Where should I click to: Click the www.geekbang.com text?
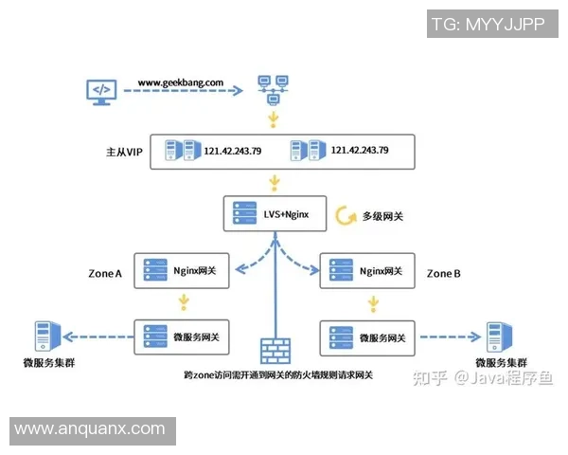tap(181, 82)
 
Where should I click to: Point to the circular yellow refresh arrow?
tap(342, 216)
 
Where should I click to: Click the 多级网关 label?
tap(382, 216)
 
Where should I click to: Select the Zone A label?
tap(104, 274)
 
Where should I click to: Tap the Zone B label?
tap(443, 274)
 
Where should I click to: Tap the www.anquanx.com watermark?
tap(90, 429)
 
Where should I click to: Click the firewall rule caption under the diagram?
tap(278, 375)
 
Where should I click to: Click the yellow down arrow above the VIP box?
tap(275, 119)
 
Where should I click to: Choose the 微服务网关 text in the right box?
tap(381, 336)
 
